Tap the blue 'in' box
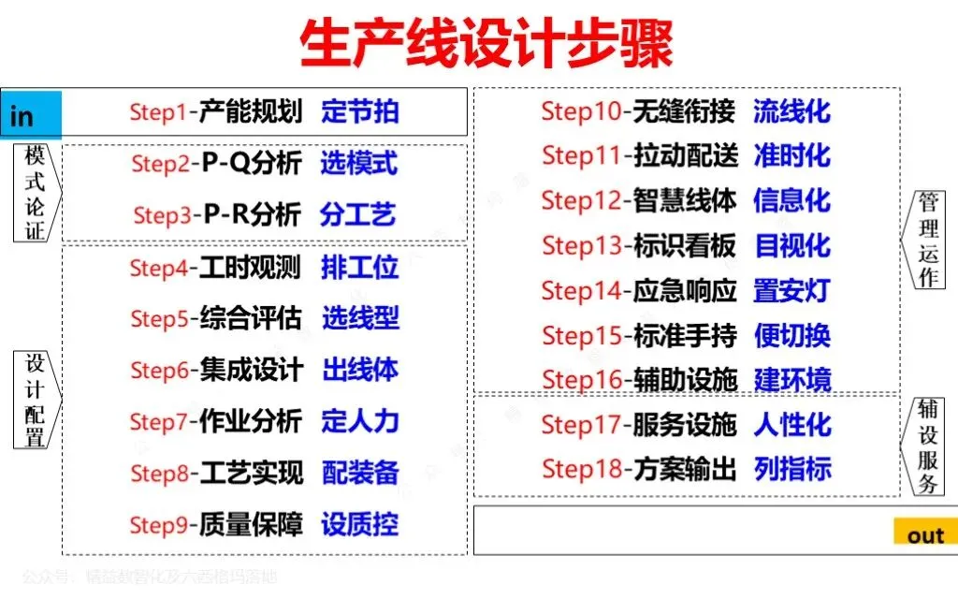31,116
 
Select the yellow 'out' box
925,533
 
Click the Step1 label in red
159,113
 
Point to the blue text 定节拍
360,112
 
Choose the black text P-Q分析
251,164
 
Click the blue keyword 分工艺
358,214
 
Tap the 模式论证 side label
35,193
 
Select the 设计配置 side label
35,401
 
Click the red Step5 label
160,319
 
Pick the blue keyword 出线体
360,370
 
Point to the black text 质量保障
251,525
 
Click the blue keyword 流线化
791,111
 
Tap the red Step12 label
581,200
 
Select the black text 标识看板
685,245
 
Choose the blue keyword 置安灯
791,290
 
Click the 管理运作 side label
930,239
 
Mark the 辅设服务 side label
930,446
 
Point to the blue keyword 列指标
792,468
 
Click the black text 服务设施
685,424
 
